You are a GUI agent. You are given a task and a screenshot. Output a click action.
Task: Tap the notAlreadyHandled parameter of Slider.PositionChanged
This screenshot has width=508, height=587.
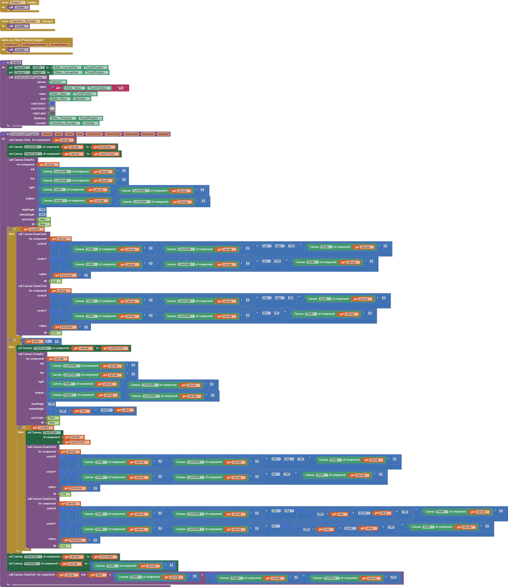pyautogui.click(x=33, y=45)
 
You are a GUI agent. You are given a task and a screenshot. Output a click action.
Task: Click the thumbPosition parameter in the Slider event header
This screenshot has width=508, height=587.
pyautogui.click(x=59, y=45)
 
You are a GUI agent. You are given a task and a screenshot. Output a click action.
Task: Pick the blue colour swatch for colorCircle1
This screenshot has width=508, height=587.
pyautogui.click(x=52, y=103)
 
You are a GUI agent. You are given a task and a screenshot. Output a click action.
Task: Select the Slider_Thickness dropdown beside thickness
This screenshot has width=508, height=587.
pyautogui.click(x=63, y=118)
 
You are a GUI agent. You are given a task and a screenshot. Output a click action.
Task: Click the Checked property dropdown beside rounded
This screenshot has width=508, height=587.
pyautogui.click(x=90, y=123)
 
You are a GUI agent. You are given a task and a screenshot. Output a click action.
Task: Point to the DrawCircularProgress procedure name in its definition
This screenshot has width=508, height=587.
pyautogui.click(x=24, y=134)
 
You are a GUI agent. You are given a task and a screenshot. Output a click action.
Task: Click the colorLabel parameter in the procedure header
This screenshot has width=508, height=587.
pyautogui.click(x=131, y=134)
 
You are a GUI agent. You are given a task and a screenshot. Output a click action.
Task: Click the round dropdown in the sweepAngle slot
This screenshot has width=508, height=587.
pyautogui.click(x=106, y=410)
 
